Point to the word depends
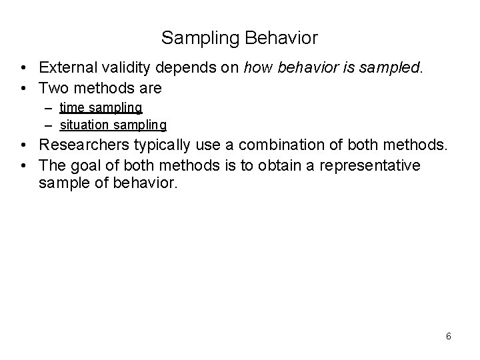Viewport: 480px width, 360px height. pyautogui.click(x=173, y=68)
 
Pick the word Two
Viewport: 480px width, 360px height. pyautogui.click(x=51, y=87)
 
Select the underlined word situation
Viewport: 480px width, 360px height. pyautogui.click(x=83, y=124)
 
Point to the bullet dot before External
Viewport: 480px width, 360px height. pyautogui.click(x=23, y=68)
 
